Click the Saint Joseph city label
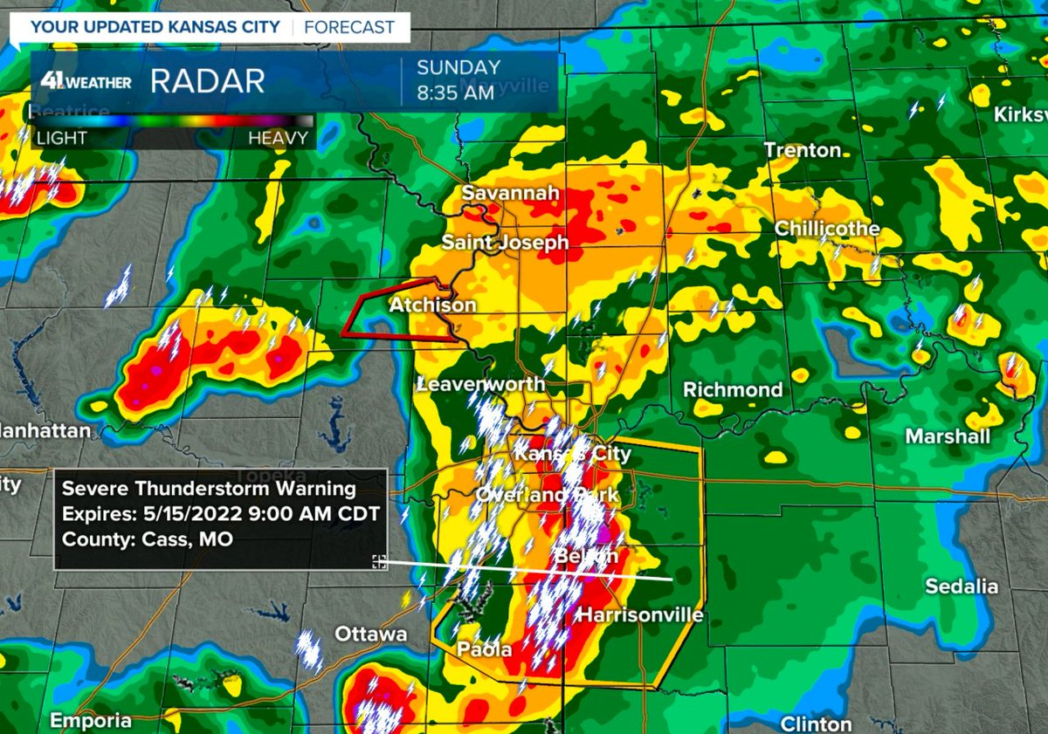[505, 242]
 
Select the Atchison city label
[432, 305]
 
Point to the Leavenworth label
[481, 384]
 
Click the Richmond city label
[733, 389]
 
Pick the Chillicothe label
[827, 229]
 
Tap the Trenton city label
[803, 150]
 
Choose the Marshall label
[948, 436]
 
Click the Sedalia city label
[962, 587]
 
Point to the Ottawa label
[371, 634]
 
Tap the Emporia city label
[90, 721]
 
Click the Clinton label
[815, 724]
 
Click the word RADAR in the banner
[207, 81]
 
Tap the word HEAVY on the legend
[278, 138]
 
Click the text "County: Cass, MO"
[148, 540]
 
